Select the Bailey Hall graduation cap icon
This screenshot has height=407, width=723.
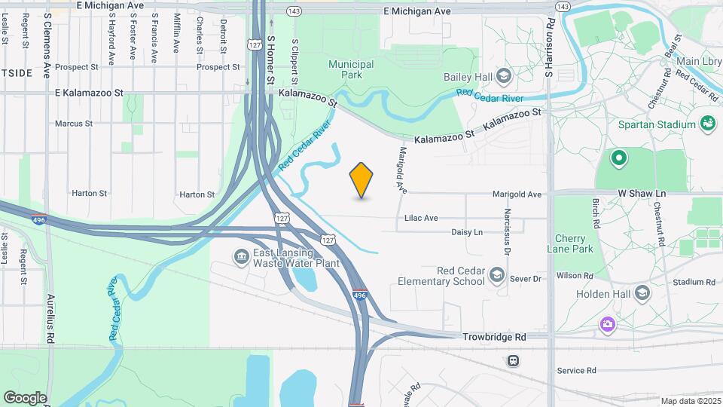[503, 75]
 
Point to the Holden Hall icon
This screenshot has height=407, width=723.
[642, 293]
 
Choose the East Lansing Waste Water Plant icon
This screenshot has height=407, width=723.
[241, 256]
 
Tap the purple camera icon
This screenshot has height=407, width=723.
[608, 323]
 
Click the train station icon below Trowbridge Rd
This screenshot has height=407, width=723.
[513, 360]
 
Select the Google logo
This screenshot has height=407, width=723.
[25, 397]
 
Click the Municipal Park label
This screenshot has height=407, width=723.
[351, 69]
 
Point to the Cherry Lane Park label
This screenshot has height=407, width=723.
[574, 243]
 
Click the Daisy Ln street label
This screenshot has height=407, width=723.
[467, 232]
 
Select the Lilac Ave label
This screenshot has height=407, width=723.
[421, 218]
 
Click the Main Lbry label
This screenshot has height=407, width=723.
[698, 61]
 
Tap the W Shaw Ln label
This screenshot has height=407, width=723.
[642, 194]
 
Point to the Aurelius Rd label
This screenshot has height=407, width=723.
[51, 313]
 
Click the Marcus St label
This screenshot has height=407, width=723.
[74, 123]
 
